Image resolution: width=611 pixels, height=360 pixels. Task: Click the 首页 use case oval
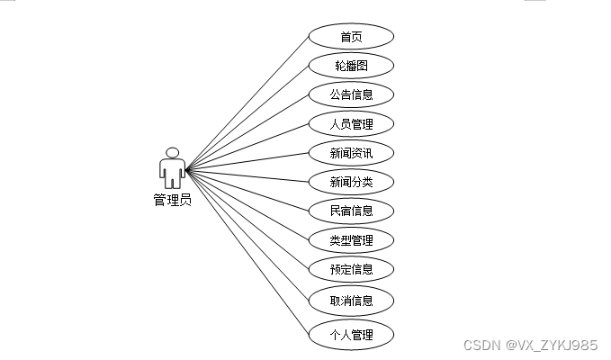tap(351, 37)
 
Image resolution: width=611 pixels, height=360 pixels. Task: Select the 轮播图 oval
tap(351, 66)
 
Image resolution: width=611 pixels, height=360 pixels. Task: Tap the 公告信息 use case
tap(351, 94)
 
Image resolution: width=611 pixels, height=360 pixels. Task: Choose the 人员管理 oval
tap(351, 124)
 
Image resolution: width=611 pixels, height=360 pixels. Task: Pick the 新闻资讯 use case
tap(351, 153)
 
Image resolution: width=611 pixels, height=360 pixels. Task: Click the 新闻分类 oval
tap(351, 182)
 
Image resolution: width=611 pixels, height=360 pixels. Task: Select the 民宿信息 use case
tap(351, 211)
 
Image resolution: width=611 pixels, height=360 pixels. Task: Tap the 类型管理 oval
tap(351, 240)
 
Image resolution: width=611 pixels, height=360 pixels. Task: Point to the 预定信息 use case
tap(351, 269)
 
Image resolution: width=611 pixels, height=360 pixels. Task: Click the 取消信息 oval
tap(351, 300)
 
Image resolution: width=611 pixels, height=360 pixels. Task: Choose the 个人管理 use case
tap(351, 336)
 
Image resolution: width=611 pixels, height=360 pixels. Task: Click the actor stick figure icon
tap(172, 167)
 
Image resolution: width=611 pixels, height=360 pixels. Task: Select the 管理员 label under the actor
tap(172, 200)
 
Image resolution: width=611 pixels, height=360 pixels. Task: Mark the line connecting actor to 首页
tap(247, 102)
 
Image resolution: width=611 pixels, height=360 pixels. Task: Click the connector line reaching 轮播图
tap(247, 117)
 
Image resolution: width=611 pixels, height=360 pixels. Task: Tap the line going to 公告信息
tap(247, 131)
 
